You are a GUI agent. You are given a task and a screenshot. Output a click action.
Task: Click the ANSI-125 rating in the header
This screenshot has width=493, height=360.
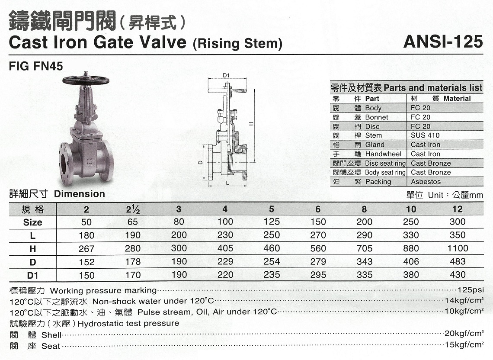click(x=443, y=42)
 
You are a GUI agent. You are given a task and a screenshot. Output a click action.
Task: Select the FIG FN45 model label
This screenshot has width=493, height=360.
click(x=36, y=66)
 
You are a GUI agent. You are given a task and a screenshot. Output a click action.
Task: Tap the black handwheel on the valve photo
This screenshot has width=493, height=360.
click(x=86, y=80)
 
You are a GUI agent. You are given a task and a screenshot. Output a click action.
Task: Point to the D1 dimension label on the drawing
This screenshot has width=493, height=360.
click(x=226, y=75)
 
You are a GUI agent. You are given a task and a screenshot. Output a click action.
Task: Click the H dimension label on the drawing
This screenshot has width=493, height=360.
click(x=251, y=124)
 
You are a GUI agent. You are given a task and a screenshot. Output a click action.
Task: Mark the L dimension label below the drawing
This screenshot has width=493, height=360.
click(x=227, y=183)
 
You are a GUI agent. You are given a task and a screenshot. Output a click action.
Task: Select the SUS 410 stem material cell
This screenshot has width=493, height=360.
click(x=425, y=135)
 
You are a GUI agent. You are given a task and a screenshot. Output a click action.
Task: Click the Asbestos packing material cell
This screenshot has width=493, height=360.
click(x=426, y=182)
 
